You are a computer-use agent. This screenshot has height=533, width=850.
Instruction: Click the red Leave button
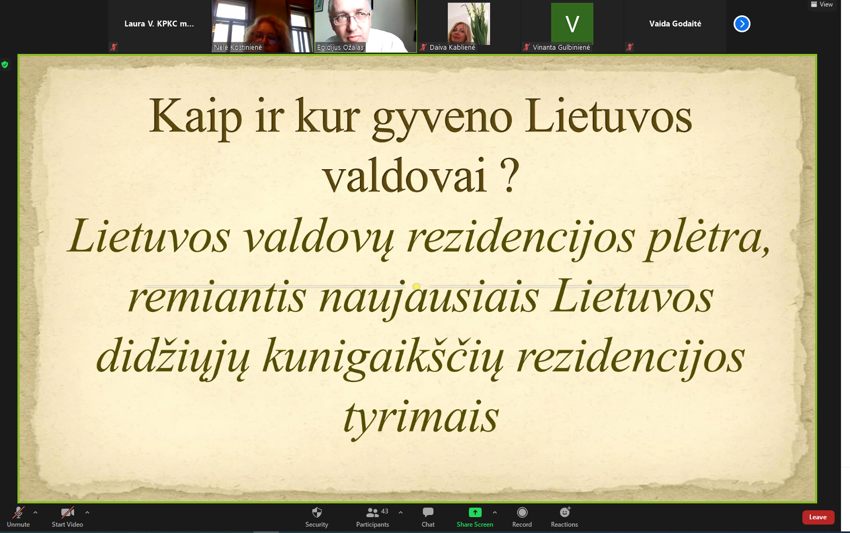point(818,517)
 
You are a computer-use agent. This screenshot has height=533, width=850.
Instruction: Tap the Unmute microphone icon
point(18,512)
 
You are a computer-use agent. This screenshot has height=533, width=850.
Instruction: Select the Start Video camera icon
point(68,512)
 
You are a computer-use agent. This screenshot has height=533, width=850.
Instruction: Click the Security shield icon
point(317,512)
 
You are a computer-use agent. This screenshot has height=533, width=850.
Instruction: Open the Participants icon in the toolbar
point(372,512)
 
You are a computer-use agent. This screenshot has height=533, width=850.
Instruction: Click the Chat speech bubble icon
point(428,512)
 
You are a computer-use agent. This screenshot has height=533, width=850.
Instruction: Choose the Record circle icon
point(522,512)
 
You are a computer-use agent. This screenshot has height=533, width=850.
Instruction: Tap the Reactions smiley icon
point(565,512)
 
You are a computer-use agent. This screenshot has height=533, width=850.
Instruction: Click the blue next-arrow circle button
point(742,24)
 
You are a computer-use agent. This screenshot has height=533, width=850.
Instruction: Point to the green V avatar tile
point(572,23)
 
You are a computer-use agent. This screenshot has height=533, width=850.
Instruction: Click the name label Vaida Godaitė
point(675,23)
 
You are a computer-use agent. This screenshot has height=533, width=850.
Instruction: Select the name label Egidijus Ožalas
point(340,48)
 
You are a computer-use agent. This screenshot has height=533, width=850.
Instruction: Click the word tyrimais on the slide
point(421,418)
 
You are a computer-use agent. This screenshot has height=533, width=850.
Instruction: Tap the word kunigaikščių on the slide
point(383,357)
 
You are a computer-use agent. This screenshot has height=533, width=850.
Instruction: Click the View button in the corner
point(822,5)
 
